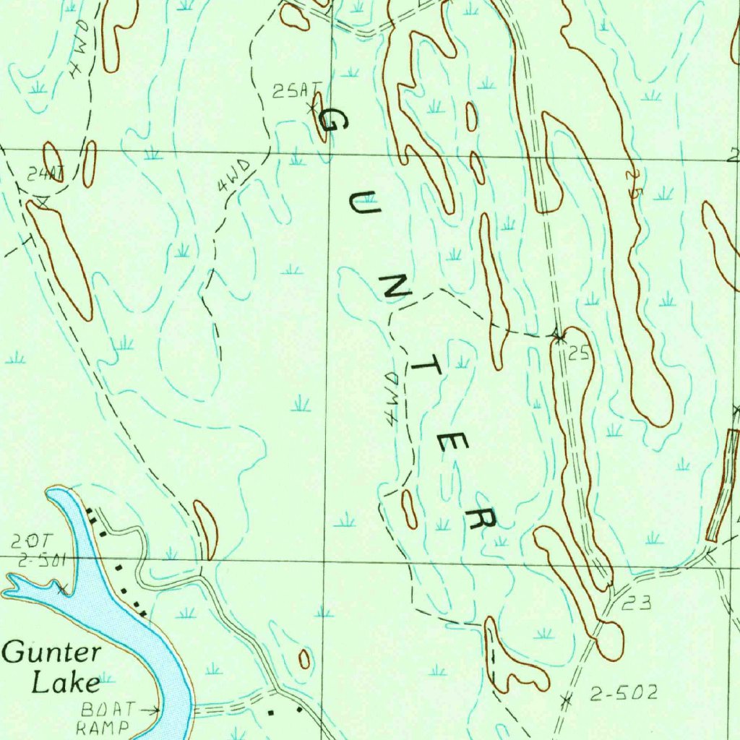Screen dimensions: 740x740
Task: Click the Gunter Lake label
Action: (x=52, y=667)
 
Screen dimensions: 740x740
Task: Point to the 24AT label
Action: (x=46, y=173)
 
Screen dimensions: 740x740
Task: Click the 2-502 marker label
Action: (x=624, y=694)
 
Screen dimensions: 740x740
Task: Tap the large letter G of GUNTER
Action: (x=333, y=119)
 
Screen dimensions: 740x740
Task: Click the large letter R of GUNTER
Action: (x=481, y=516)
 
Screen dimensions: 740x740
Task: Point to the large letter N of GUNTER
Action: (x=396, y=288)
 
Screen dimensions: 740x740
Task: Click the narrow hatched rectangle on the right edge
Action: (x=723, y=485)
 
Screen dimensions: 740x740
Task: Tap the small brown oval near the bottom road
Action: (x=304, y=658)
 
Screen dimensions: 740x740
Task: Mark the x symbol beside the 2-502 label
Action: (x=566, y=699)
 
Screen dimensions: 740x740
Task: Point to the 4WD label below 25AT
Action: (x=233, y=176)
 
